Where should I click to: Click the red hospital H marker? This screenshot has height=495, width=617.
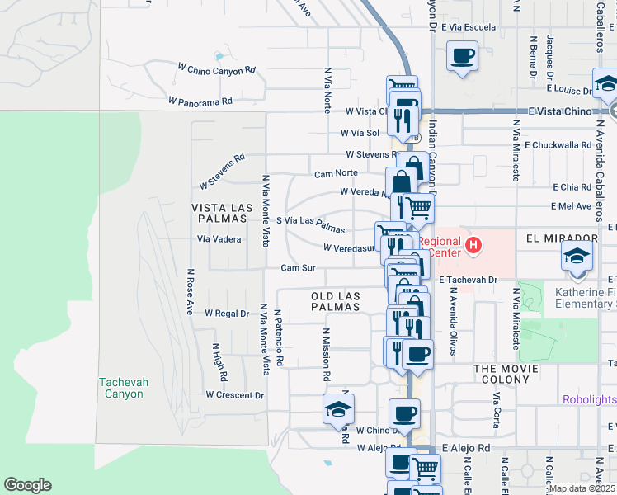tap(473, 244)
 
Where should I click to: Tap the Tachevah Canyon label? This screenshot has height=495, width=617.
tap(121, 388)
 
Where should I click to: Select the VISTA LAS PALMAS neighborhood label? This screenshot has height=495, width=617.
tap(219, 213)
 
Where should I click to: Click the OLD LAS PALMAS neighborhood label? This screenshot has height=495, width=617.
tap(337, 300)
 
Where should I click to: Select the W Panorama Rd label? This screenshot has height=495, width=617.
tap(200, 101)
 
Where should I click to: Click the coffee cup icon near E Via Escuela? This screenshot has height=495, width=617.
tap(461, 57)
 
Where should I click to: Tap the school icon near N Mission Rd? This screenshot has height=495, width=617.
tap(338, 409)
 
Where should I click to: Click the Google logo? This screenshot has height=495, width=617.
tap(27, 485)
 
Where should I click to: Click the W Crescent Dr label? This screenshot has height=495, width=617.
tap(234, 395)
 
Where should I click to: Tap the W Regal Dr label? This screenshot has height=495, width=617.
tap(226, 313)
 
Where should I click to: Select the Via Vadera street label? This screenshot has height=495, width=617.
tap(219, 239)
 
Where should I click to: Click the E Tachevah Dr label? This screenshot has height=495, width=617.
tap(469, 280)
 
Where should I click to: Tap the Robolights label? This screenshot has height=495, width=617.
tap(589, 400)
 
